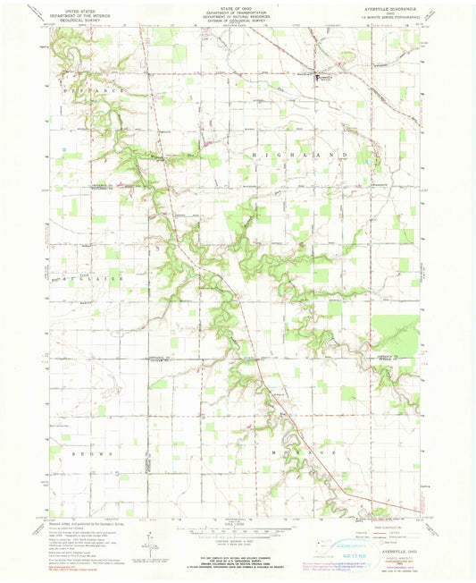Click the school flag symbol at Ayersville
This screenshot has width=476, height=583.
pos(315,77)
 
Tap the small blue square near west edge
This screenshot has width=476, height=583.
pos(65,148)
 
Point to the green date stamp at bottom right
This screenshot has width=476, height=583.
pos(351,540)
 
